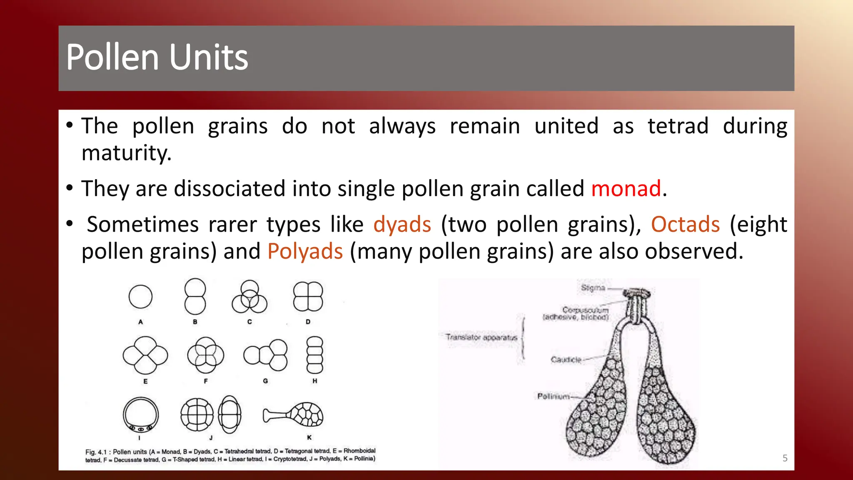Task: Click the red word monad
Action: pyautogui.click(x=626, y=189)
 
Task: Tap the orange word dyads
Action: pyautogui.click(x=402, y=225)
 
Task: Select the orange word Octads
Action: pyautogui.click(x=685, y=225)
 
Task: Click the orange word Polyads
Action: pyautogui.click(x=305, y=252)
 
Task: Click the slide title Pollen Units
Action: pyautogui.click(x=157, y=57)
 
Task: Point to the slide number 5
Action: pyautogui.click(x=785, y=458)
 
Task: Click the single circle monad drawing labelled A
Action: pyautogui.click(x=140, y=297)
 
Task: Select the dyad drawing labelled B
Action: pyautogui.click(x=195, y=297)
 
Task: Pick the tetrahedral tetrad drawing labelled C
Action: pyautogui.click(x=249, y=297)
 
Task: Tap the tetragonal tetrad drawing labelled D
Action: pyautogui.click(x=308, y=297)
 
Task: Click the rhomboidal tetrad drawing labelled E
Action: pyautogui.click(x=145, y=355)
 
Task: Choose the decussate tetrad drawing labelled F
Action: pyautogui.click(x=205, y=355)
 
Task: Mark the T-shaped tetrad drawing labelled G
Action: pyautogui.click(x=266, y=355)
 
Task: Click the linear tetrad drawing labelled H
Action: pyautogui.click(x=314, y=355)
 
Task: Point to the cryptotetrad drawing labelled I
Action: pyautogui.click(x=141, y=415)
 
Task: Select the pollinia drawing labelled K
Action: pyautogui.click(x=294, y=415)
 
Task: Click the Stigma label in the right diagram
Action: pyautogui.click(x=593, y=288)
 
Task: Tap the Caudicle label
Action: pyautogui.click(x=566, y=360)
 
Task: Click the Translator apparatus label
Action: pyautogui.click(x=481, y=337)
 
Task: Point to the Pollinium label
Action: pyautogui.click(x=553, y=396)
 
